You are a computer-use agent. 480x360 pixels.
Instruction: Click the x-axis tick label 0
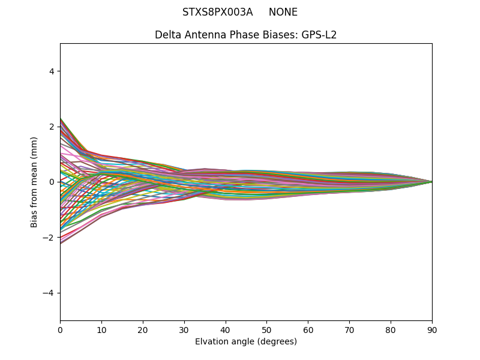[60, 329]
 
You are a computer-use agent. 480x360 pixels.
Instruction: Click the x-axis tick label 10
[101, 329]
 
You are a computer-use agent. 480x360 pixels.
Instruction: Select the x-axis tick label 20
[143, 329]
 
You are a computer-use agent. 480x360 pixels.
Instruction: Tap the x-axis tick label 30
[184, 329]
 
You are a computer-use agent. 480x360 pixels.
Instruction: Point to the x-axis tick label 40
[226, 329]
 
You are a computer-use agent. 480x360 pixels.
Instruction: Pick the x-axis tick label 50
[266, 329]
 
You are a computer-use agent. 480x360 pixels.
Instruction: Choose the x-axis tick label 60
[308, 329]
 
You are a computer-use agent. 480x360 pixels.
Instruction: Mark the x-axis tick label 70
[349, 329]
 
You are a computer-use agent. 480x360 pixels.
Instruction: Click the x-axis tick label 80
[391, 329]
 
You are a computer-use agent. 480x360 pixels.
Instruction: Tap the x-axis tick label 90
[432, 329]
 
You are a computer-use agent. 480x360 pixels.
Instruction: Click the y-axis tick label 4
[52, 71]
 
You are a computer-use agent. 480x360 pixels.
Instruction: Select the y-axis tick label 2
[52, 127]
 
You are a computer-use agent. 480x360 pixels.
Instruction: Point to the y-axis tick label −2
[49, 238]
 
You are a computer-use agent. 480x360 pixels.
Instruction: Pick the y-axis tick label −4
[49, 293]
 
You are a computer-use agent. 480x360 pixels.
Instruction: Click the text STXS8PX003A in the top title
[217, 13]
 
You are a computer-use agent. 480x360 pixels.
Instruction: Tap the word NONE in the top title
[283, 13]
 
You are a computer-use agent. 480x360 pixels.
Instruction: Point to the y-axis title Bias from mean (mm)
[35, 182]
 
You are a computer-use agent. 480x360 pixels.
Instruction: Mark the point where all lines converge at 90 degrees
[431, 182]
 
